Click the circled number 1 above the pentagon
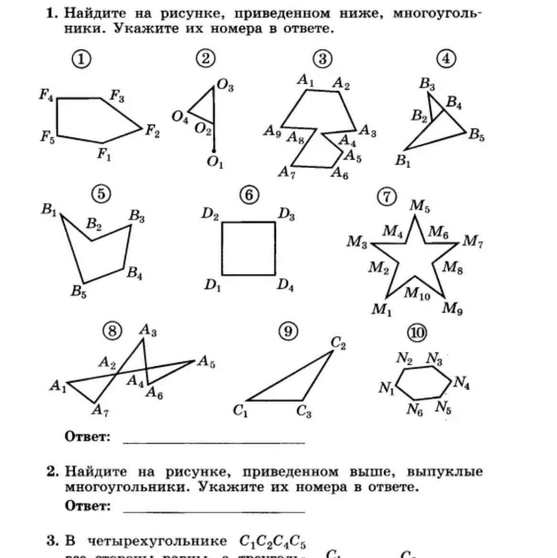click(x=82, y=59)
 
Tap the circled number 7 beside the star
click(x=386, y=197)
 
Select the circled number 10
click(x=417, y=333)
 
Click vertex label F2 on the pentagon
click(x=152, y=131)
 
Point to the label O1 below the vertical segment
click(x=215, y=163)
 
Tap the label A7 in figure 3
click(x=287, y=172)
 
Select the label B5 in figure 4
click(x=476, y=135)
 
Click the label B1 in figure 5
click(x=49, y=209)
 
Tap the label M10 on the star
click(x=417, y=293)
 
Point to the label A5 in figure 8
click(x=206, y=361)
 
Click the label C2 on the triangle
click(x=338, y=343)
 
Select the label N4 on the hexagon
click(x=461, y=383)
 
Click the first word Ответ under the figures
click(x=87, y=437)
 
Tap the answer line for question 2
click(x=214, y=511)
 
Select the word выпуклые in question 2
click(x=445, y=472)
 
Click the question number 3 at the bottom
click(x=52, y=541)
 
